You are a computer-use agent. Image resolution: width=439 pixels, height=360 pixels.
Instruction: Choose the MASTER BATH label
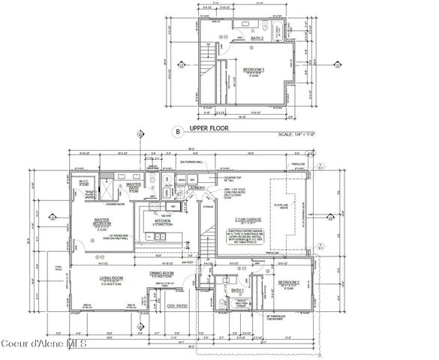134,185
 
